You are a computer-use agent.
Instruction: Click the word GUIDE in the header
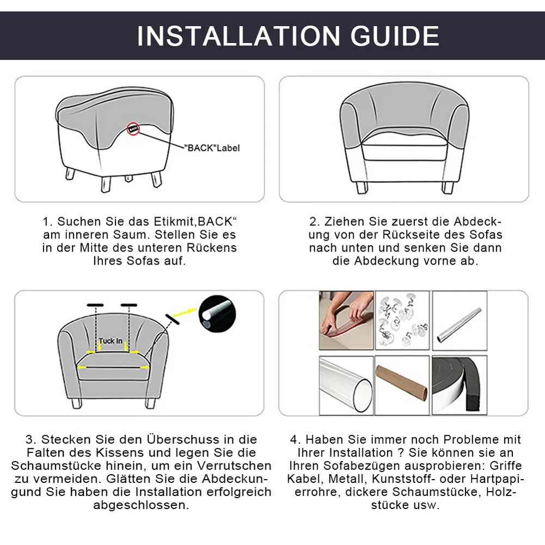coord(395,36)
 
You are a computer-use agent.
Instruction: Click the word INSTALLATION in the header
coord(239,36)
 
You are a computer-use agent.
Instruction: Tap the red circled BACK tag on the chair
coord(133,129)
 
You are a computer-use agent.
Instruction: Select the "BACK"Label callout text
coord(212,148)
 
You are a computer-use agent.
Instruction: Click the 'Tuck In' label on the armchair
coord(111,341)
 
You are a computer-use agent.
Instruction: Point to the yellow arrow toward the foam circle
coord(185,312)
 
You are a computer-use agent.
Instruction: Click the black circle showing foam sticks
coord(217,314)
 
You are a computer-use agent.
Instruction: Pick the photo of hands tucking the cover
coord(346,321)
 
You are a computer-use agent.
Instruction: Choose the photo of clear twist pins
coord(402,321)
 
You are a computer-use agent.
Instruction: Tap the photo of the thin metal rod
coord(460,321)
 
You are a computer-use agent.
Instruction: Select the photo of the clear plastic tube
coord(346,385)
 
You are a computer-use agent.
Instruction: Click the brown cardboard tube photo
coord(402,385)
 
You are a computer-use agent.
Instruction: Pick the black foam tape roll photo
coord(460,385)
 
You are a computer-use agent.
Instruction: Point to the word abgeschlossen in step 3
coord(142,505)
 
